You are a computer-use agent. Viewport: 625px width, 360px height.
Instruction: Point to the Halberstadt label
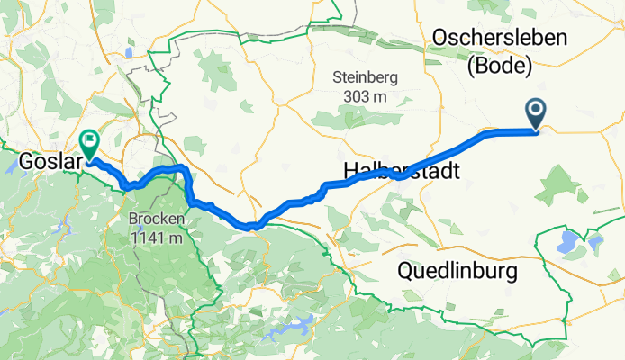click(x=401, y=171)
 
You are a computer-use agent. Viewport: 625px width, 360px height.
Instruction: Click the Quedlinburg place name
click(x=457, y=271)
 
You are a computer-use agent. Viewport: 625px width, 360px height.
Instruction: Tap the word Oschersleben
click(x=500, y=37)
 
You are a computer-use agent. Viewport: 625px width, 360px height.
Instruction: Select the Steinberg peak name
click(x=365, y=77)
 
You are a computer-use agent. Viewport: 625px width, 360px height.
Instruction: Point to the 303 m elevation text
click(x=365, y=95)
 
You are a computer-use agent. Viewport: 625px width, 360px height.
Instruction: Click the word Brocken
click(x=157, y=219)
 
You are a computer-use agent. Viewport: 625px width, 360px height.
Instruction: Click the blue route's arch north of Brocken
click(x=167, y=169)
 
